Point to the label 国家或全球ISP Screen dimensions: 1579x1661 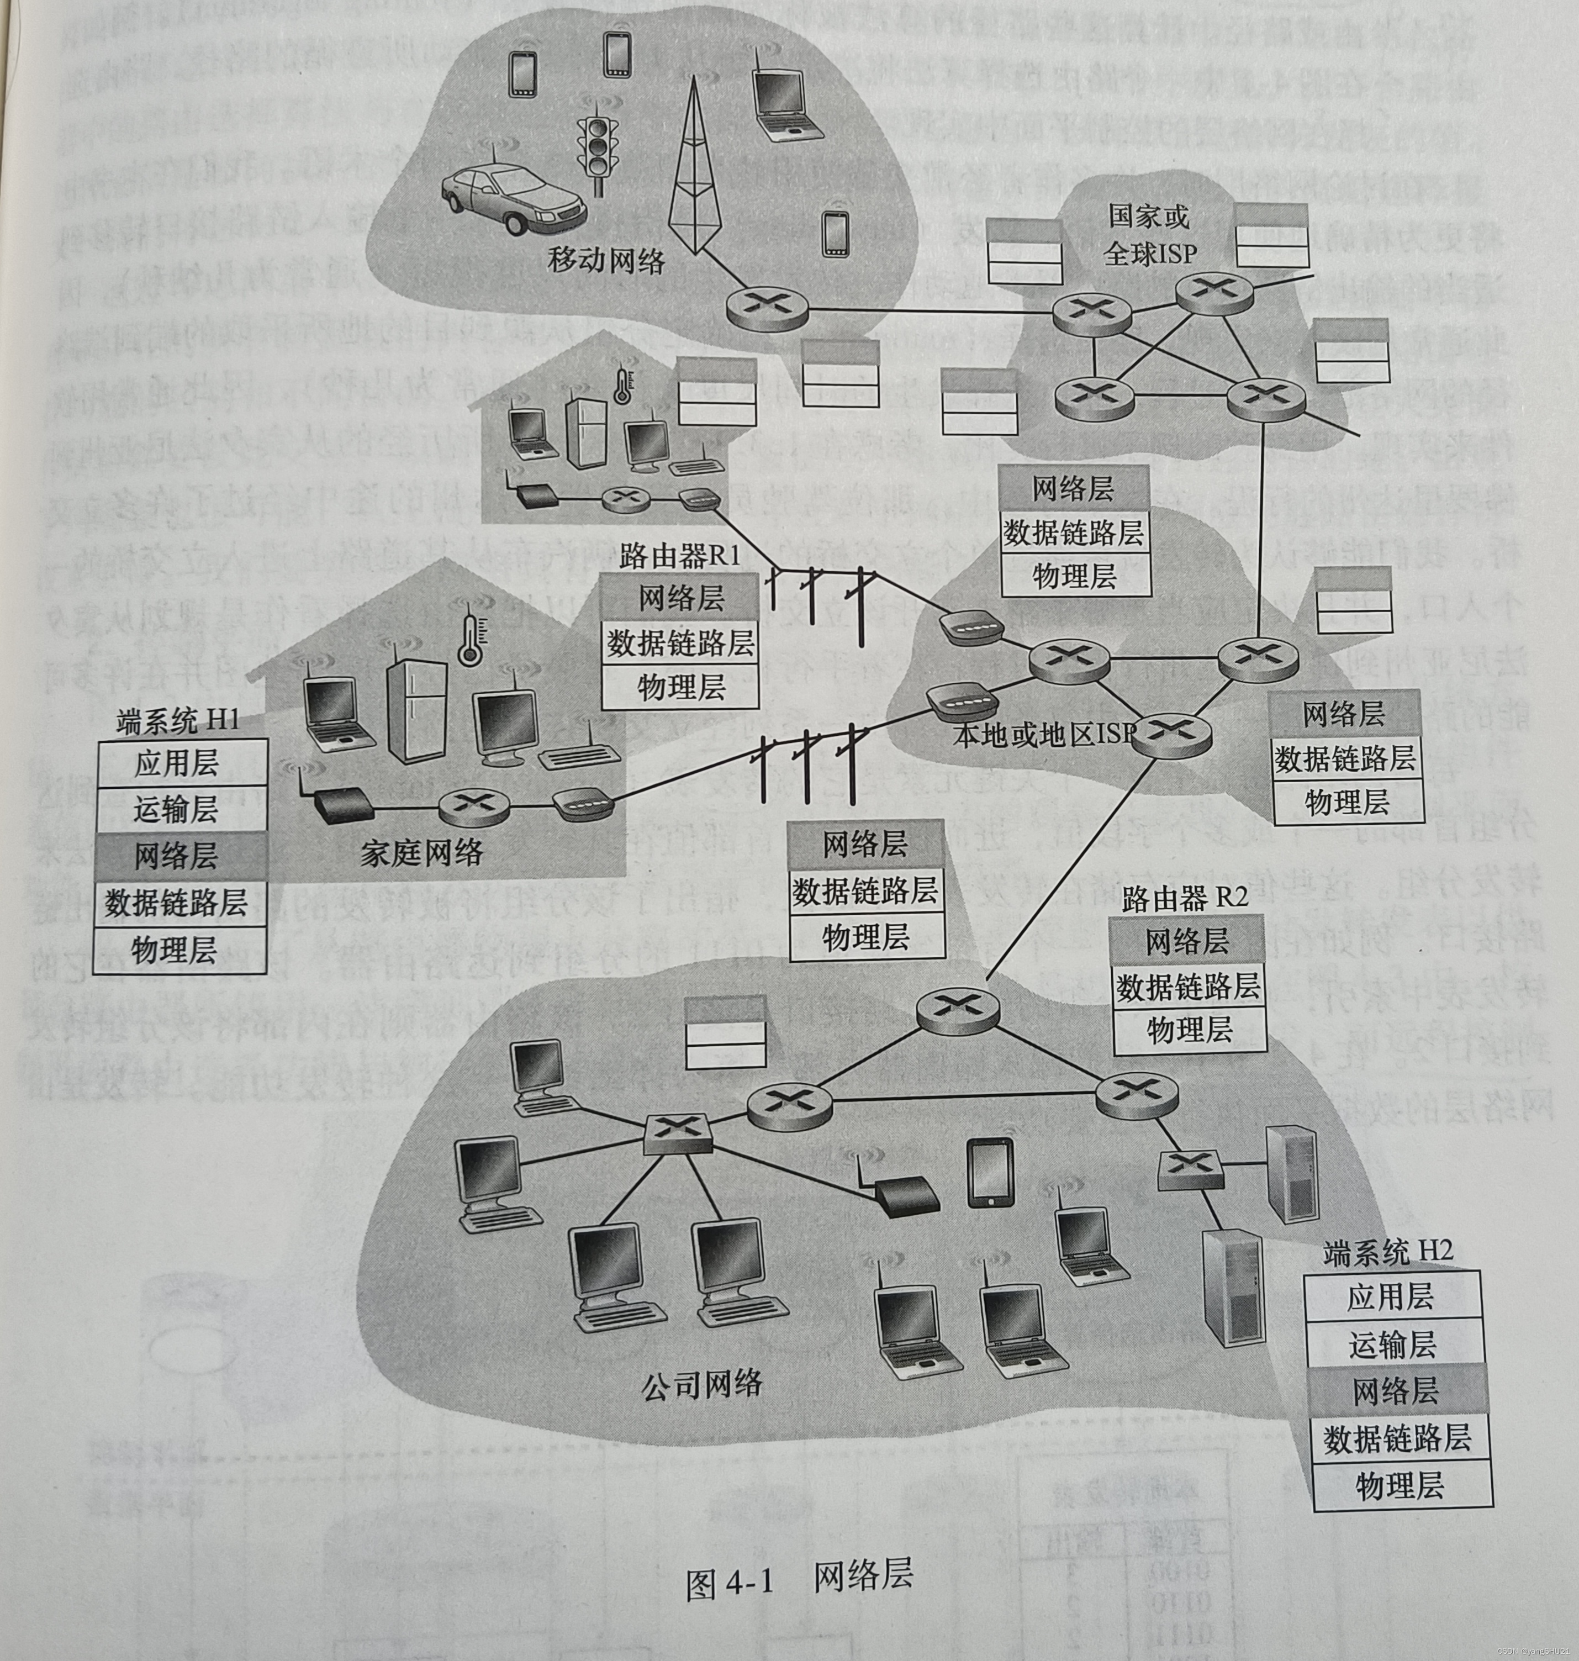click(1150, 235)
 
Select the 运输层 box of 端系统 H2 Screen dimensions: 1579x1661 click(1392, 1345)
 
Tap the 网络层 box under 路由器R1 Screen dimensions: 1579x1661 click(680, 599)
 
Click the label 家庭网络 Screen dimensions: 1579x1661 click(422, 853)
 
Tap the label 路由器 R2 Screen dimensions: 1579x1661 click(1184, 899)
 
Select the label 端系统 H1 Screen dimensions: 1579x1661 click(178, 721)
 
